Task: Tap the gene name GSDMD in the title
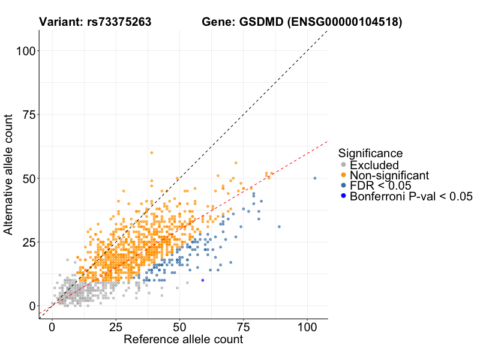coord(262,22)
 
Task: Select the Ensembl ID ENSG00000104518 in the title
coord(345,22)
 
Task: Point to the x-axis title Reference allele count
coord(183,340)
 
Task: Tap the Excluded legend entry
coord(374,165)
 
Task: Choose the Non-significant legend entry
coord(389,175)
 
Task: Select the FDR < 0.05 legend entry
coord(379,185)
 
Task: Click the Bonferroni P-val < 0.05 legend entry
coord(411,196)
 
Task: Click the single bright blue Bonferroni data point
coord(203,280)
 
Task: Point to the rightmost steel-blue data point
coord(315,178)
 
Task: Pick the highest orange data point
coord(152,153)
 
